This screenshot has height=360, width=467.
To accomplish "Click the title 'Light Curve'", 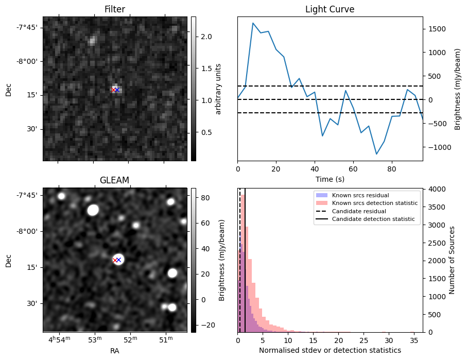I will [x=330, y=9].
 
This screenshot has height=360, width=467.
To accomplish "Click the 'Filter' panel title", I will [x=114, y=9].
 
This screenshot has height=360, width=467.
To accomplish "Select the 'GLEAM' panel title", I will [x=114, y=180].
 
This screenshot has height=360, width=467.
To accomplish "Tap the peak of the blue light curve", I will [x=253, y=23].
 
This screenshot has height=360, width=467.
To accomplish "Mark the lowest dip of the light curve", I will [x=376, y=154].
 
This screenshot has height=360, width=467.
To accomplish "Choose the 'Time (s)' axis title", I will [x=330, y=179].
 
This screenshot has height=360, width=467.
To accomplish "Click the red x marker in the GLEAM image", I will [x=115, y=260].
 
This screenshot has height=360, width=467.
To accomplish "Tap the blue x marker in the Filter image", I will [x=117, y=90].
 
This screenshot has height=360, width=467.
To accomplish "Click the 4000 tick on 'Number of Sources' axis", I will [x=433, y=190].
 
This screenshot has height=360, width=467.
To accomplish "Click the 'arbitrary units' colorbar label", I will [x=218, y=89].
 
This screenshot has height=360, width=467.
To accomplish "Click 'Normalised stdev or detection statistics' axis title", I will [x=330, y=351].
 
